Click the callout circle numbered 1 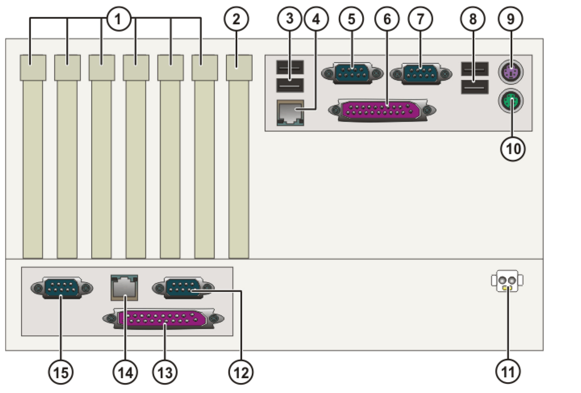(118, 19)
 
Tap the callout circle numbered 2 (236, 19)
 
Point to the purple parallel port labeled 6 (382, 110)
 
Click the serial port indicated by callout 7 (421, 74)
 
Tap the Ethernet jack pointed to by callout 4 (290, 113)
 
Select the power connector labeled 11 (507, 281)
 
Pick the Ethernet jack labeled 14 (124, 287)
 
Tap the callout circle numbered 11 (508, 372)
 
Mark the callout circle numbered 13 (165, 372)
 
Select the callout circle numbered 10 (512, 149)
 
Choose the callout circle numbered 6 (387, 19)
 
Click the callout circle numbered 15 (61, 372)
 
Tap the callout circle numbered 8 (473, 19)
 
